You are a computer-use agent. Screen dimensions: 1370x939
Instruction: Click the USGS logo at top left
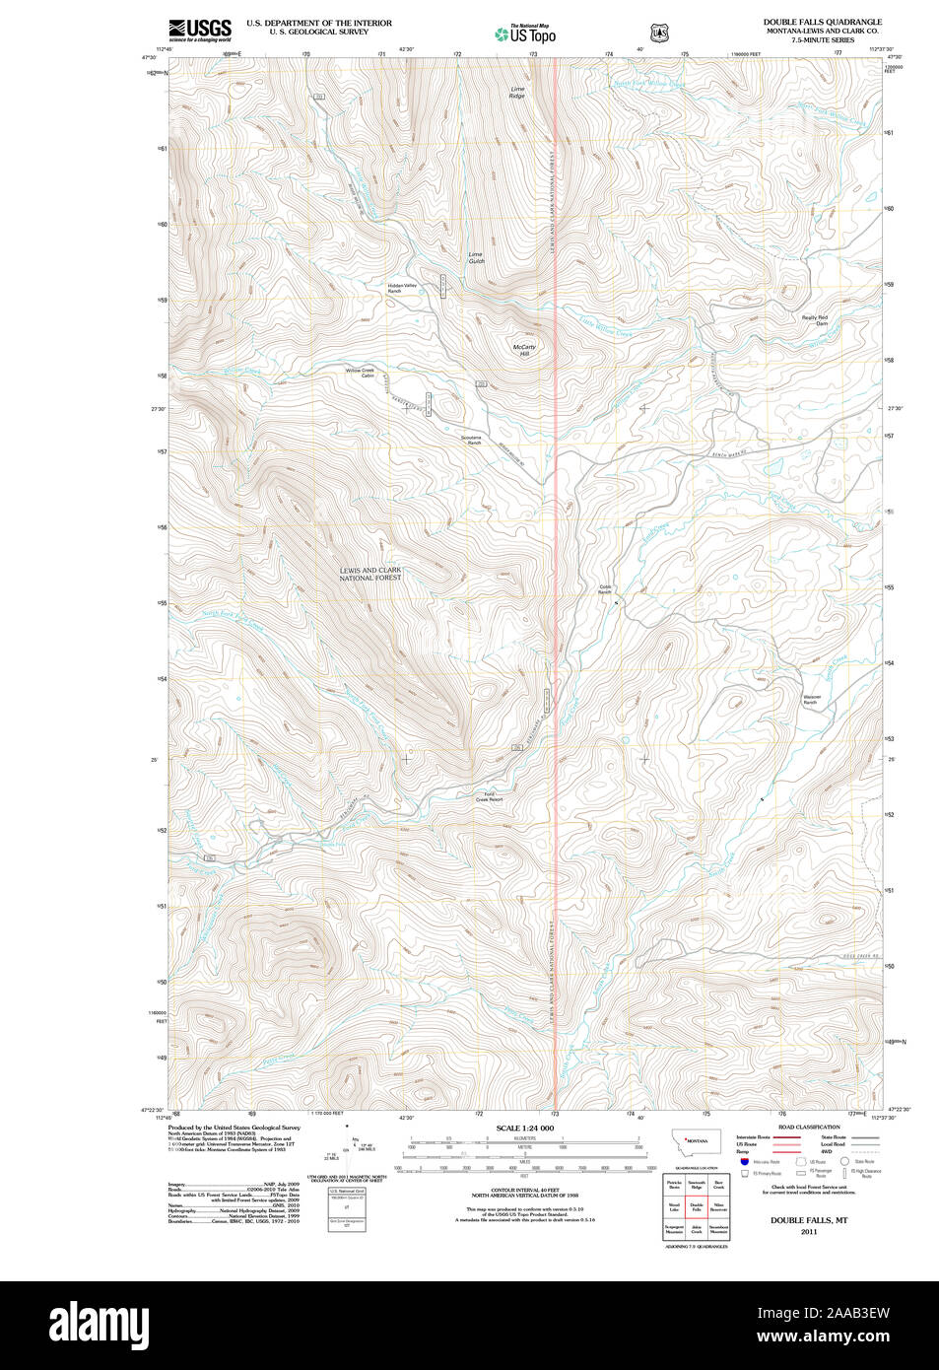(200, 30)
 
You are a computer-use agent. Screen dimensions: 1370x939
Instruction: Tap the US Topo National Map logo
(525, 34)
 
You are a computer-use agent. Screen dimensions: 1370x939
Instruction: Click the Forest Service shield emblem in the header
(659, 34)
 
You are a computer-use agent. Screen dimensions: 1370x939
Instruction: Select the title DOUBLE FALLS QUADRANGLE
(822, 22)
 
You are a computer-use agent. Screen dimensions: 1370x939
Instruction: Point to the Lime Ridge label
(517, 93)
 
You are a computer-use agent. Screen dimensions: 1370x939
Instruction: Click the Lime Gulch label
(476, 257)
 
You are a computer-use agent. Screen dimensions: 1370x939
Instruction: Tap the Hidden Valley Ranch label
(401, 288)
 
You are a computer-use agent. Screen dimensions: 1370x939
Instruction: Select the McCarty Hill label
(524, 350)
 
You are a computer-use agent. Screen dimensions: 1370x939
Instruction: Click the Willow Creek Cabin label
(360, 373)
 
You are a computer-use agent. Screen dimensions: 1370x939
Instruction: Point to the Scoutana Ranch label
(471, 440)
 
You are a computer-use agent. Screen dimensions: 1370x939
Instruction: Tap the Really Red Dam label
(815, 320)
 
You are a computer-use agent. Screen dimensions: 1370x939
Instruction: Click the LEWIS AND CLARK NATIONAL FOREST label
(370, 574)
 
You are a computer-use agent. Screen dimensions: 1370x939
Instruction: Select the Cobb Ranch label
(605, 589)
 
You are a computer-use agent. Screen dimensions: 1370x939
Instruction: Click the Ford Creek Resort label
(489, 796)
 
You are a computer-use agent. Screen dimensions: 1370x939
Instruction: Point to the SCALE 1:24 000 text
(524, 1128)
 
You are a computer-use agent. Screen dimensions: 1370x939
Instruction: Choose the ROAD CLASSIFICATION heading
(809, 1127)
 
